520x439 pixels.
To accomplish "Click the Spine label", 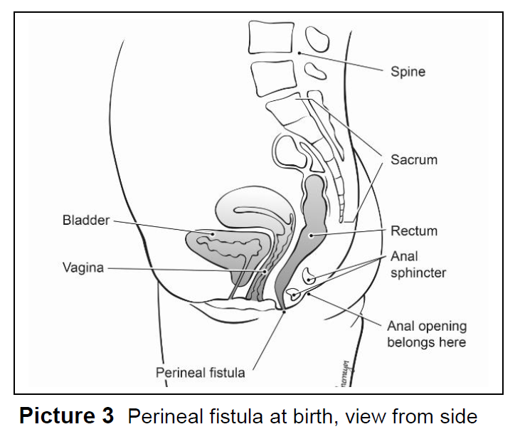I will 408,72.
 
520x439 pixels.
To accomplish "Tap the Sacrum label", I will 413,159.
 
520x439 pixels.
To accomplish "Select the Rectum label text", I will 413,231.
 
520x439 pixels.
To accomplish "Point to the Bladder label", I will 86,221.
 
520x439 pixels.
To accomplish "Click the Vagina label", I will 83,268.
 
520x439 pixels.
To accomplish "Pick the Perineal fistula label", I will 200,372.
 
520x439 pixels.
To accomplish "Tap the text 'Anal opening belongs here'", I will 426,334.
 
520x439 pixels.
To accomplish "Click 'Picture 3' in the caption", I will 66,416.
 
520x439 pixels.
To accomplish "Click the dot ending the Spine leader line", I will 299,53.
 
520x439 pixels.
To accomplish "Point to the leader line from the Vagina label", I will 185,269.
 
